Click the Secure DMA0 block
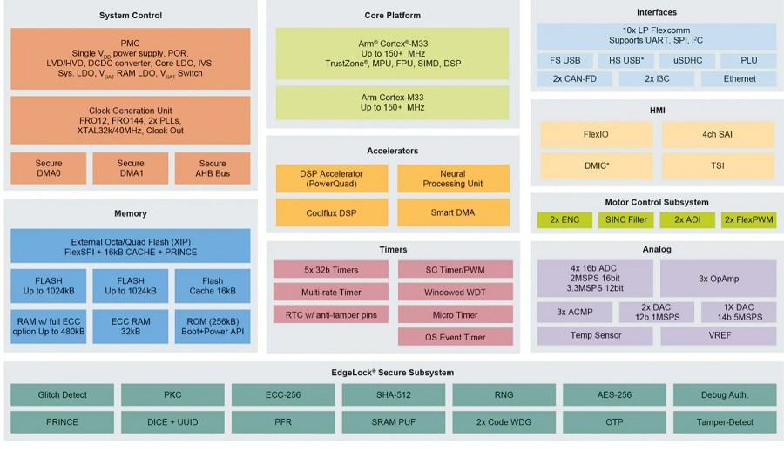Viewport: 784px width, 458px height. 49,168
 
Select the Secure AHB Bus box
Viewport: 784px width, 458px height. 213,168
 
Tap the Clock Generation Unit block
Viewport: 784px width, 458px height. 131,119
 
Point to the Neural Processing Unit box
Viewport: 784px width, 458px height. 453,178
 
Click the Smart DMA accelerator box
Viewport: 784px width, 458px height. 453,212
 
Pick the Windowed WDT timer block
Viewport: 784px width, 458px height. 456,292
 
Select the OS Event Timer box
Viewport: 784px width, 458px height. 456,337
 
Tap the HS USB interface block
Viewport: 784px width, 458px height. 625,61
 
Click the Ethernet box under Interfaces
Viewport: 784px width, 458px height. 740,79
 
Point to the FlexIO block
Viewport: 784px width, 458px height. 596,134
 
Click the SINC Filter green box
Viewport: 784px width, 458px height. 626,220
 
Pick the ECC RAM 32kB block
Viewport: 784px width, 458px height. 131,327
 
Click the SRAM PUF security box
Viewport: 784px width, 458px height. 393,422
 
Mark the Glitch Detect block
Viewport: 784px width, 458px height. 63,394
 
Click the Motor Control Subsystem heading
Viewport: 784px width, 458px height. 657,203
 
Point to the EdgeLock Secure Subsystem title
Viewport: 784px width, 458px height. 392,373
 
